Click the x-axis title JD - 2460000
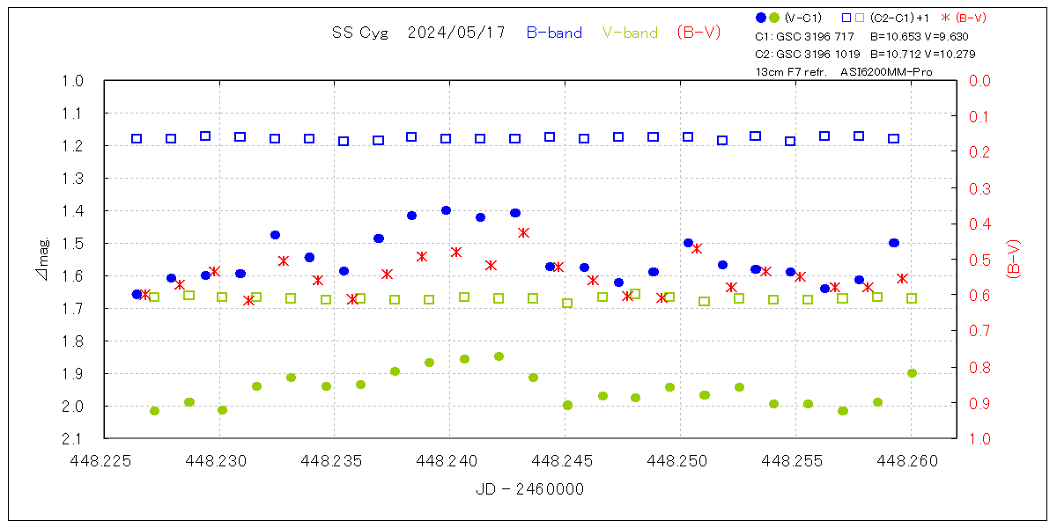(x=529, y=489)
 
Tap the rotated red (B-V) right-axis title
(x=1013, y=260)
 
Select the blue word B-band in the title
(x=554, y=33)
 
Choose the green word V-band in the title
(x=630, y=33)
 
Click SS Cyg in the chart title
(x=354, y=33)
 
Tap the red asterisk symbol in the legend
(x=945, y=18)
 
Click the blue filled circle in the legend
(x=761, y=18)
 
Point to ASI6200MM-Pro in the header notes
(x=886, y=71)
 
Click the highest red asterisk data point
(x=523, y=232)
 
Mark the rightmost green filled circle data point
(x=912, y=373)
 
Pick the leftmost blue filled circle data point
(x=137, y=294)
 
